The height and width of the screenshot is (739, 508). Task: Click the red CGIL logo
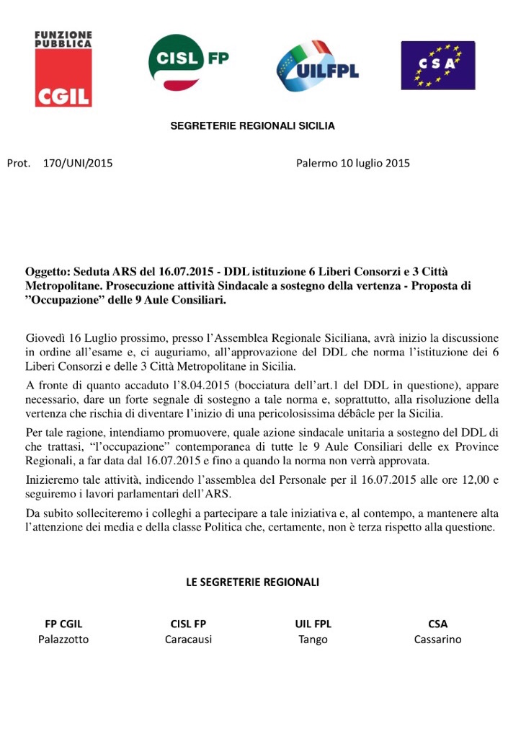pos(63,69)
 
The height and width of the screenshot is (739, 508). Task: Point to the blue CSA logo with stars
pos(437,65)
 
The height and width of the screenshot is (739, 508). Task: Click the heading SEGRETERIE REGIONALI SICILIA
pos(252,126)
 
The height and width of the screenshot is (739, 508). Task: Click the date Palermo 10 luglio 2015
pos(352,163)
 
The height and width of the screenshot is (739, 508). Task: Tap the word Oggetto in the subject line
pos(47,273)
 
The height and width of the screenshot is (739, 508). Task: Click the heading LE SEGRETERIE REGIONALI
pos(252,582)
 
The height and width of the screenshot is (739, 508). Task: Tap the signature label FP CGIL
pos(63,624)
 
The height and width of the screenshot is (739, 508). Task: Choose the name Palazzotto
pos(63,640)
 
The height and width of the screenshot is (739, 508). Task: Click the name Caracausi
pos(188,640)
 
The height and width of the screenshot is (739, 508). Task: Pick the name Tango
pos(313,640)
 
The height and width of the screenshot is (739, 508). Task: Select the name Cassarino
pos(437,640)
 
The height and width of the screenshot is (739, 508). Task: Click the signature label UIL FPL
pos(313,624)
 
